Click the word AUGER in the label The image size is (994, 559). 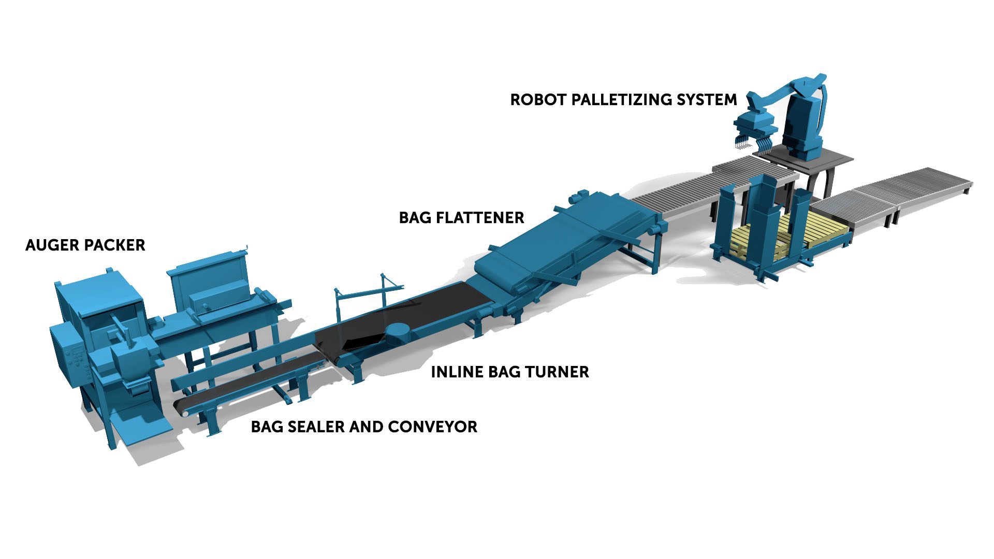pos(51,245)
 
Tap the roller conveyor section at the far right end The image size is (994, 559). pos(927,181)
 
